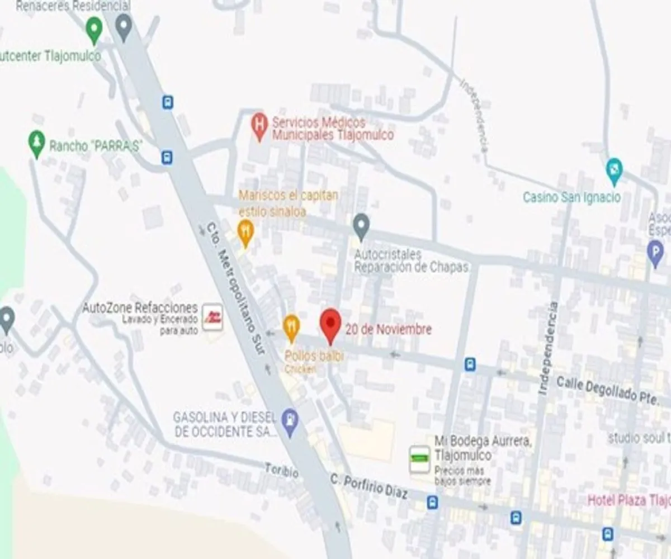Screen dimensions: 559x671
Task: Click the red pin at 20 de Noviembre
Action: click(x=330, y=324)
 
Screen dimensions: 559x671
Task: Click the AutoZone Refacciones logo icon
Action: click(x=212, y=317)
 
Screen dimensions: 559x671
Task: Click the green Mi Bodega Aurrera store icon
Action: click(x=419, y=459)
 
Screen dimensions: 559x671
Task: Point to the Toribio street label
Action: click(x=281, y=471)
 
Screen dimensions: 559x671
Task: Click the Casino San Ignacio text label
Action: click(x=571, y=197)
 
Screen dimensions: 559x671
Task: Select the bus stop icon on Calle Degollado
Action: click(x=470, y=364)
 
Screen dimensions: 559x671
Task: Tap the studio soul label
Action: click(x=639, y=438)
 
